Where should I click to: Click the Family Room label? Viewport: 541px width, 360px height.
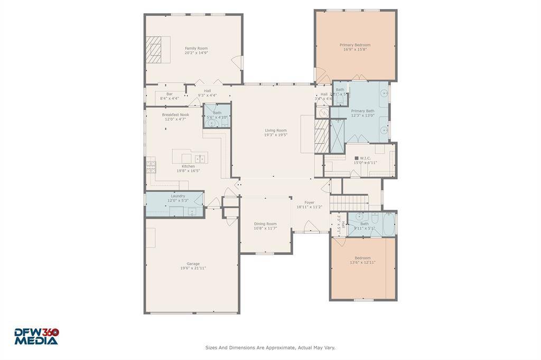(196, 49)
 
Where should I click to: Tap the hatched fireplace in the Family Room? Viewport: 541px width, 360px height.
(155, 50)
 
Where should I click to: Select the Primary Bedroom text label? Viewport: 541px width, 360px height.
(355, 45)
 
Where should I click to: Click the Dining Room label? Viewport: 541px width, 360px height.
(265, 224)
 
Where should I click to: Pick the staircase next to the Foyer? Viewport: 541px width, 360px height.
(349, 202)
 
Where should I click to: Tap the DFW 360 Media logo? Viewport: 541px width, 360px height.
(36, 336)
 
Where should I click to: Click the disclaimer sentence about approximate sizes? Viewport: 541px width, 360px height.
(270, 347)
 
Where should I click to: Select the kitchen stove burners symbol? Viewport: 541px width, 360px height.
(151, 167)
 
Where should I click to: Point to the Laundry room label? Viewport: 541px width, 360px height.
(178, 196)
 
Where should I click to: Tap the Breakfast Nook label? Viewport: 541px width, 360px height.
(175, 115)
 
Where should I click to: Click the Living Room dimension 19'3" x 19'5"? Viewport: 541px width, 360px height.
(276, 135)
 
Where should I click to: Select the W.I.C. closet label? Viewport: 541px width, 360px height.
(365, 158)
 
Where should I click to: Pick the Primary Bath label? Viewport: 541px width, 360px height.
(362, 111)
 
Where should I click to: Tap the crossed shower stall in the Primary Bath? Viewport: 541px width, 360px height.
(337, 136)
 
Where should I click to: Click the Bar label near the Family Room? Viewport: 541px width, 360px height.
(170, 94)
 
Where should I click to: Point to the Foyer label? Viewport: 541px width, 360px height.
(309, 203)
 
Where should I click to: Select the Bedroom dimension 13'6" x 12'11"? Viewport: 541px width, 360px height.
(362, 262)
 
